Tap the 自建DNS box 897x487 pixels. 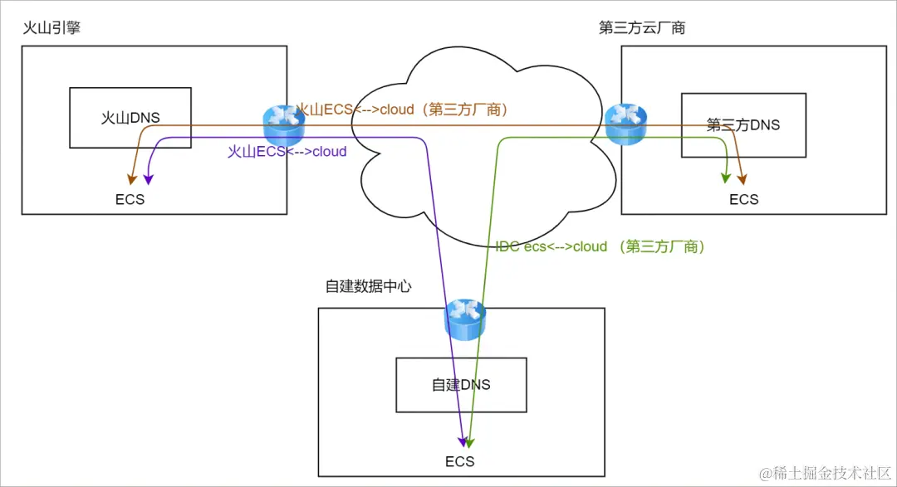461,385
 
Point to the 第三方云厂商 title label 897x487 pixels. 642,28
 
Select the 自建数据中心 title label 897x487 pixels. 369,286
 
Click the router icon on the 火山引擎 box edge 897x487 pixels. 285,124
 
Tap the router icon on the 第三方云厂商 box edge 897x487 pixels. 625,124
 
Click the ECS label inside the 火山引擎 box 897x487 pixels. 131,200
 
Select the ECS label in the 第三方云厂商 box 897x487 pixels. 743,200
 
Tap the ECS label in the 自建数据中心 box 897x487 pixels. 459,461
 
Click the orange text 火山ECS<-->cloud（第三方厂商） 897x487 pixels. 402,110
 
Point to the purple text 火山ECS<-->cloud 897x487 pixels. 287,152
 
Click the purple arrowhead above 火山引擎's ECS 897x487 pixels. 149,177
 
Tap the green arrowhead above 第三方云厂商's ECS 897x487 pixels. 726,177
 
